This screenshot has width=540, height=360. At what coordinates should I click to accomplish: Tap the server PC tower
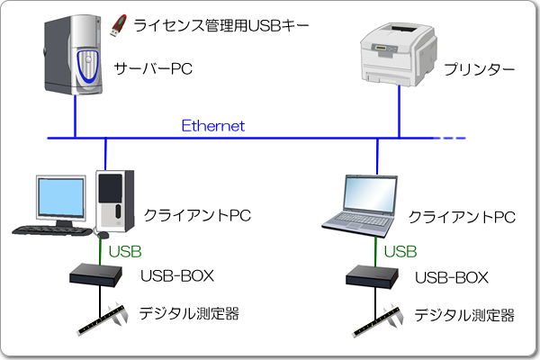click(x=76, y=58)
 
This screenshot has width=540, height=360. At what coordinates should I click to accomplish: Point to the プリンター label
click(x=479, y=69)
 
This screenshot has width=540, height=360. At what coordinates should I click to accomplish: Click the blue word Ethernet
click(x=212, y=126)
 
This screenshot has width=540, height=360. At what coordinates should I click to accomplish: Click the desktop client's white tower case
click(x=112, y=200)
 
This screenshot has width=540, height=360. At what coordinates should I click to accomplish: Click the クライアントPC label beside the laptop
click(x=461, y=218)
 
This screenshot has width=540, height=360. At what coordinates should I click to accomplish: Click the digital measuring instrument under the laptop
click(x=379, y=319)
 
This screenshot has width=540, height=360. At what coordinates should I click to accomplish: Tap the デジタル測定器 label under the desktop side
click(x=189, y=314)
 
